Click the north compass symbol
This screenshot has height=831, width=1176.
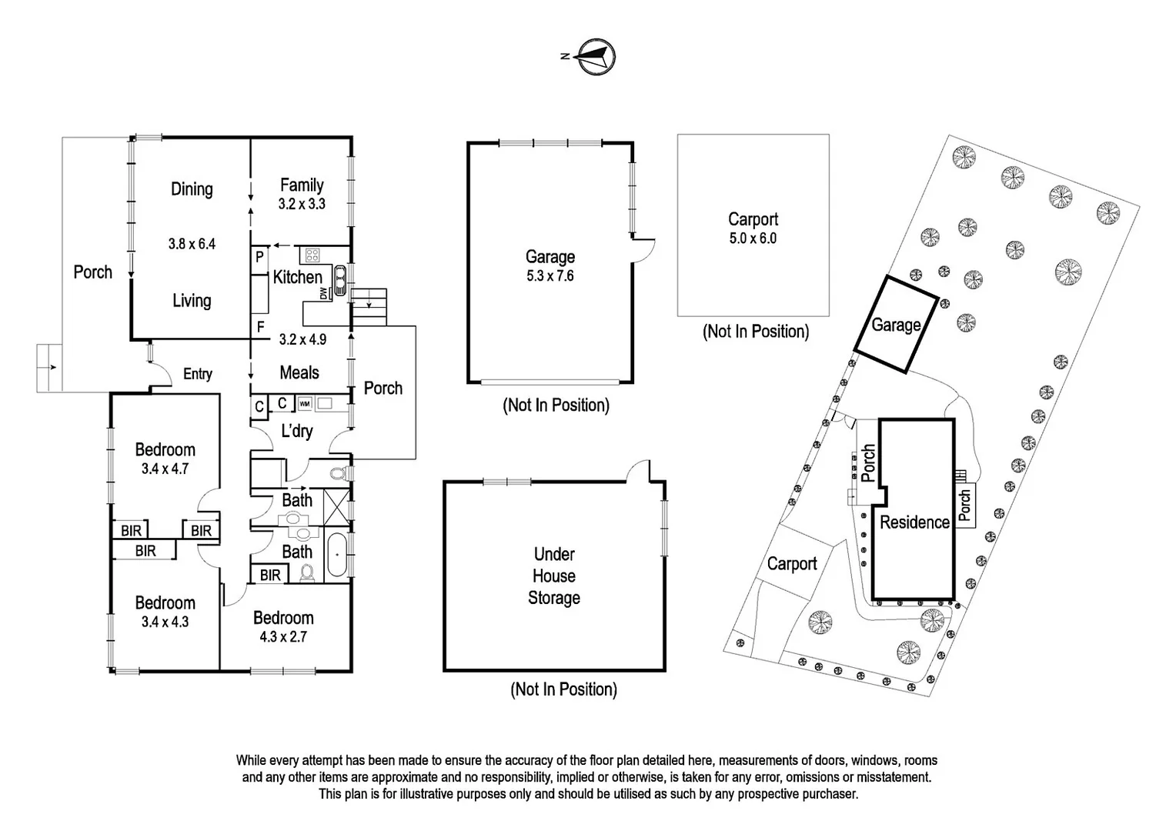[596, 56]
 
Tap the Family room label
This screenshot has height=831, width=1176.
[302, 185]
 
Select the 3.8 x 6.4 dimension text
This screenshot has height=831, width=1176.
[192, 244]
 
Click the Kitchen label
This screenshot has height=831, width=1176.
[297, 277]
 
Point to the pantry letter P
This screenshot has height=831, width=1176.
[259, 257]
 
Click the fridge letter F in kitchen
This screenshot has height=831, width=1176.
[261, 328]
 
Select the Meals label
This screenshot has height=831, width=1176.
[299, 372]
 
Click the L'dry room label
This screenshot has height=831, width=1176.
[296, 431]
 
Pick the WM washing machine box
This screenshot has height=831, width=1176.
[305, 403]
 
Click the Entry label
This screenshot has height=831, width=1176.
[198, 374]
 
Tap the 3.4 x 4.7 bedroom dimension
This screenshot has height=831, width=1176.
[165, 469]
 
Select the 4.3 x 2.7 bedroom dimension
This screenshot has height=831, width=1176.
[283, 636]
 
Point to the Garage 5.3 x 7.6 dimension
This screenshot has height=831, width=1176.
[550, 276]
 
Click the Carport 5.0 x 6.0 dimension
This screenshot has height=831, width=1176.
[753, 239]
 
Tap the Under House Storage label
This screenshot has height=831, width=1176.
[554, 576]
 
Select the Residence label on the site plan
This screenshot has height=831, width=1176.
[914, 522]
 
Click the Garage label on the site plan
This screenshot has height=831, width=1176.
[896, 325]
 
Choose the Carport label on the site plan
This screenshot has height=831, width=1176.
[792, 564]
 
